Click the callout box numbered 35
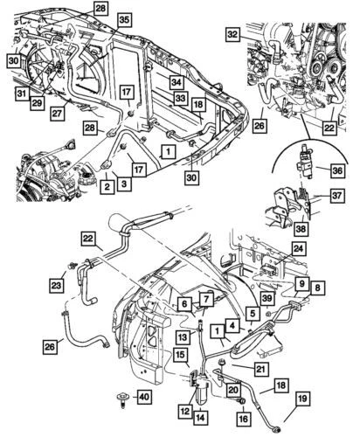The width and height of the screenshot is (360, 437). pos(124,18)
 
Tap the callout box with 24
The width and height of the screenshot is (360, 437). pos(297,250)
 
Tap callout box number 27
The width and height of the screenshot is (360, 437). pos(56,111)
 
